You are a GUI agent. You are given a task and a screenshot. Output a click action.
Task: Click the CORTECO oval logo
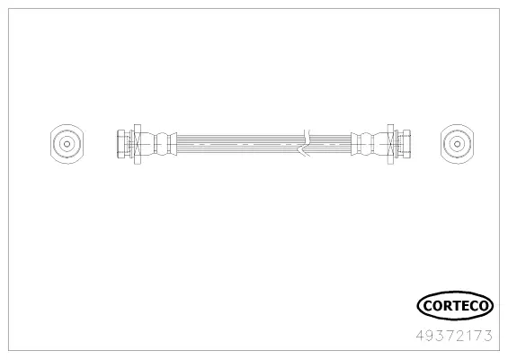point(455,307)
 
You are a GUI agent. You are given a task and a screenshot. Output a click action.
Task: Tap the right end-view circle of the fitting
point(456,142)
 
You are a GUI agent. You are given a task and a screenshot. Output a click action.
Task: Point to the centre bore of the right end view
point(456,142)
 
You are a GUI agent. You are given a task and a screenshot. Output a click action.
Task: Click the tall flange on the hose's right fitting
point(389,142)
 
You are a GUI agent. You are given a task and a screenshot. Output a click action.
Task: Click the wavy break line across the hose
point(307,142)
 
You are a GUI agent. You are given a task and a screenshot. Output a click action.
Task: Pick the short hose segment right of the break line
point(329,142)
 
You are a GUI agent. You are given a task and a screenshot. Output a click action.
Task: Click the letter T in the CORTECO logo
point(454,307)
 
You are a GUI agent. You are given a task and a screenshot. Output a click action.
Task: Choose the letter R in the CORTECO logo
point(446,307)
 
